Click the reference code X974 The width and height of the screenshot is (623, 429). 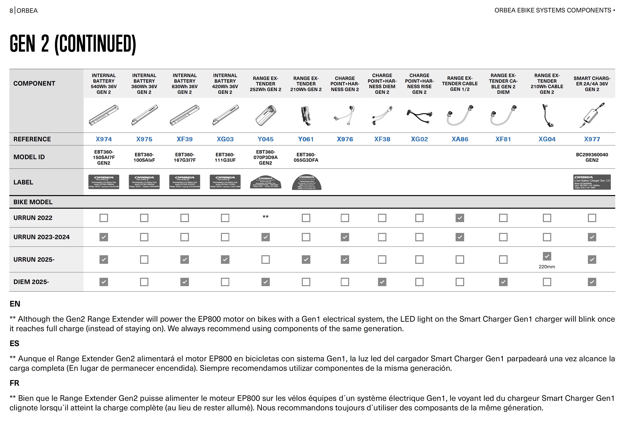pos(104,139)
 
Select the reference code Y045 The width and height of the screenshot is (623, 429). pos(265,139)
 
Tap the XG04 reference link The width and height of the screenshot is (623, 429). pos(547,139)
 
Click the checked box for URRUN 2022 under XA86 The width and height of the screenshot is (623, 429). pos(459,218)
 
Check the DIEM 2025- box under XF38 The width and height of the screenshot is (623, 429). pos(382,282)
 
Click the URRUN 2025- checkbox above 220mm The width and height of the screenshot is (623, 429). pos(547,256)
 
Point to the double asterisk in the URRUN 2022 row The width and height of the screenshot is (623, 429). pos(265,217)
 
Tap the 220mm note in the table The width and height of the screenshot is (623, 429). pos(547,267)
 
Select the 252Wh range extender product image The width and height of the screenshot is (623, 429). pos(265,115)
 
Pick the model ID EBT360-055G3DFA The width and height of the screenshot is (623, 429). pos(306,157)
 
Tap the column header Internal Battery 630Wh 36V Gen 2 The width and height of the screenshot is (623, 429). pos(184,84)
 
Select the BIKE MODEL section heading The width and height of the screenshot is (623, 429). pos(33,202)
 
